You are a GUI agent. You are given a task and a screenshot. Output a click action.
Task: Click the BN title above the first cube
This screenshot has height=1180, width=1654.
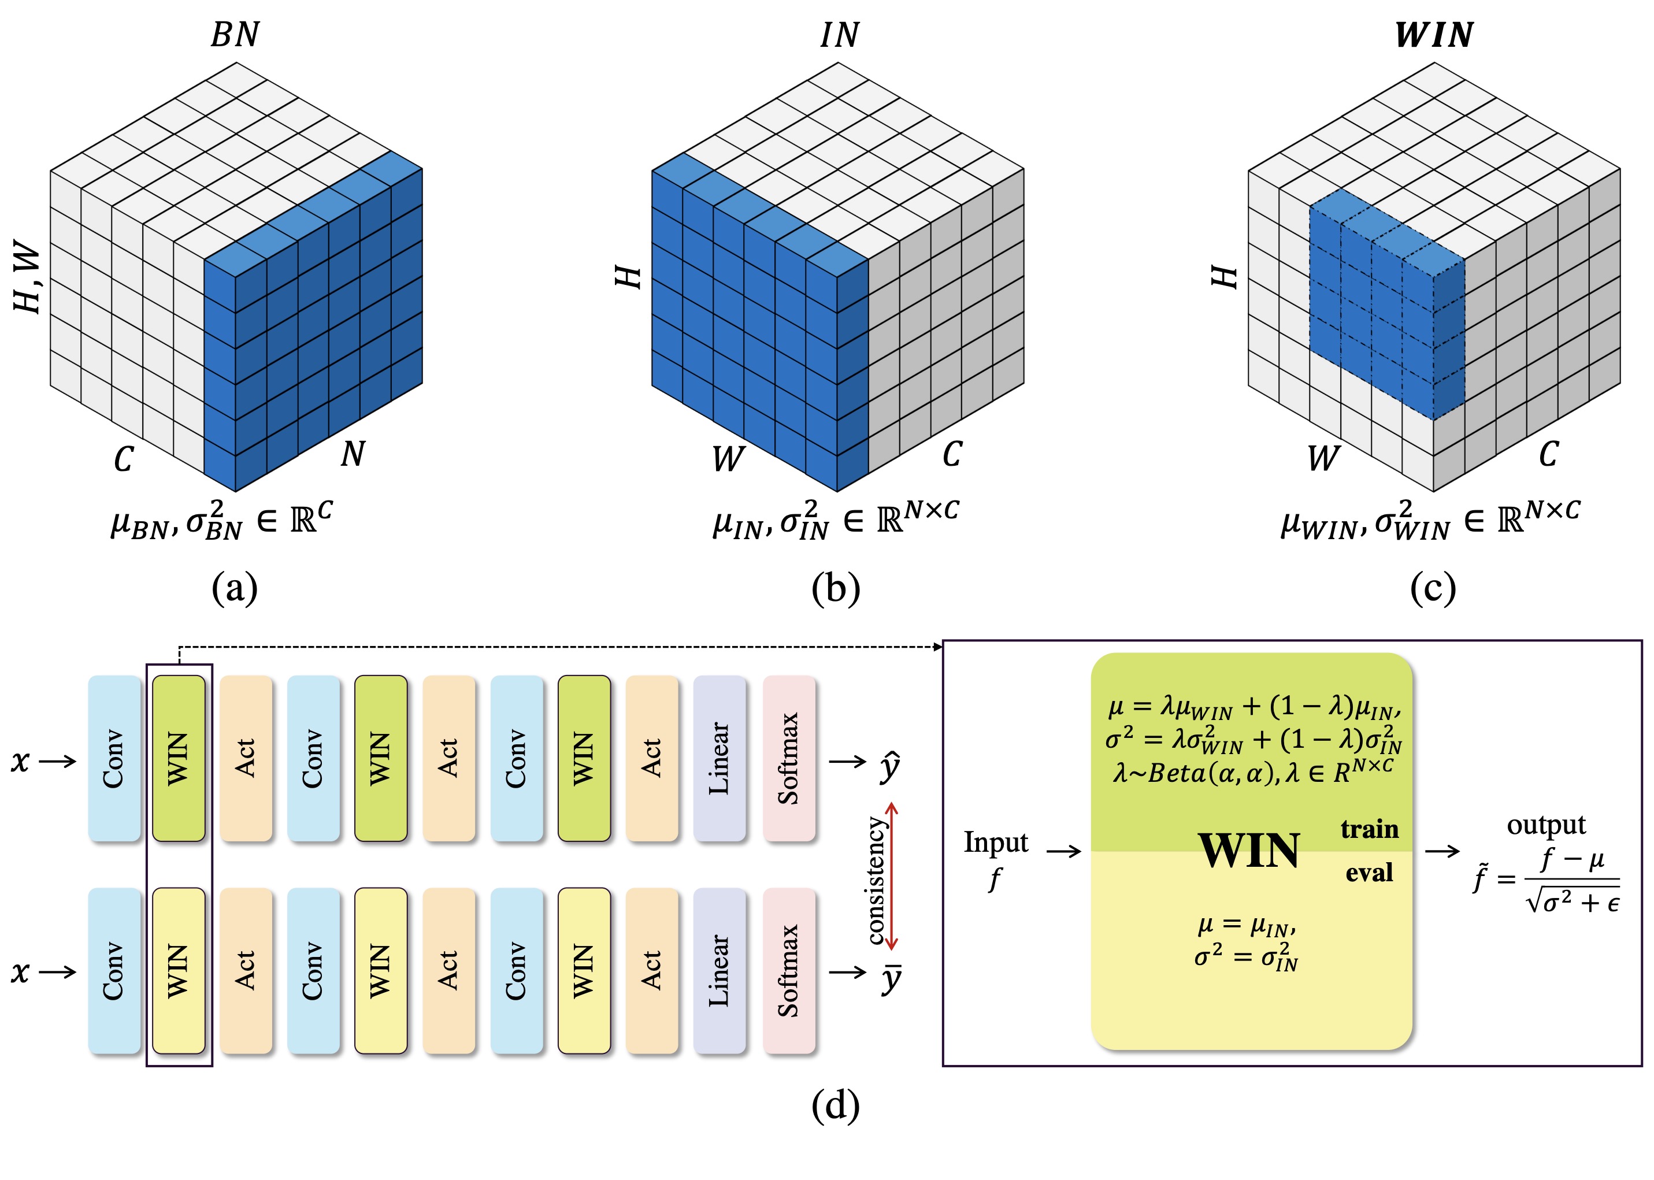235,35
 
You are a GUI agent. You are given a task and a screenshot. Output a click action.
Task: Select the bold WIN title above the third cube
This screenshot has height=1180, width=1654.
1434,35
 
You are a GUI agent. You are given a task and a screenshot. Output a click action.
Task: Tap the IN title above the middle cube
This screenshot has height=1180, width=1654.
839,35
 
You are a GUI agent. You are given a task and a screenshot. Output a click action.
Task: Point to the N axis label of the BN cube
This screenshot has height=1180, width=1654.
353,454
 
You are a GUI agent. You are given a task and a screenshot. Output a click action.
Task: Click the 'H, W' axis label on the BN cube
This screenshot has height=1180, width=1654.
28,279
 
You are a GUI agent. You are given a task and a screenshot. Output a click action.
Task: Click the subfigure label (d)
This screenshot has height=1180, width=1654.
835,1105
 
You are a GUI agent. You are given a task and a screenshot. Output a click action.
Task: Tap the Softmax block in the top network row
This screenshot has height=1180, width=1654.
788,758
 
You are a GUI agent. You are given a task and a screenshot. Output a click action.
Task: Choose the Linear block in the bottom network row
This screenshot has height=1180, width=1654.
719,970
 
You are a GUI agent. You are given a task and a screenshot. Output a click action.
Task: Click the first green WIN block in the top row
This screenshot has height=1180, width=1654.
178,758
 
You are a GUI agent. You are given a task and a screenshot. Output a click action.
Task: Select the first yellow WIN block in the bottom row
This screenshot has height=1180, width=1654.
178,970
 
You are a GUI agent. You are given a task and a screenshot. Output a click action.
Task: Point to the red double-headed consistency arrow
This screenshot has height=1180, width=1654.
892,876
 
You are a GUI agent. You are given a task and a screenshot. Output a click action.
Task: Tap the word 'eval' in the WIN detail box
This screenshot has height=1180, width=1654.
1369,873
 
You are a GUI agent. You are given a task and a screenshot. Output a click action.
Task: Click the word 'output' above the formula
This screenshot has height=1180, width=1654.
1546,825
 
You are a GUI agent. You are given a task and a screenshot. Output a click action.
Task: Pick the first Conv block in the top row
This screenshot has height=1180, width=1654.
114,758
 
